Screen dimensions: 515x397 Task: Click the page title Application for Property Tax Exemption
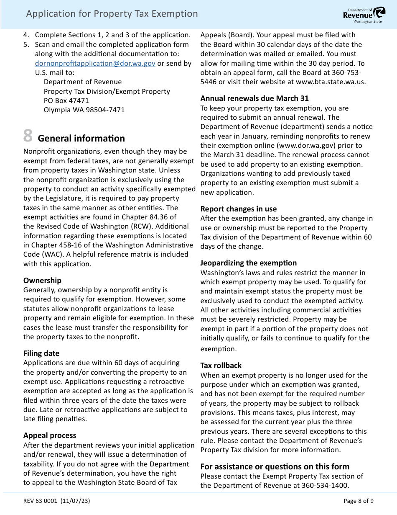(112, 14)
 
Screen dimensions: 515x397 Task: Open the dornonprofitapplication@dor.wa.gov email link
(95, 63)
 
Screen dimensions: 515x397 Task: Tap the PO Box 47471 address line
(66, 100)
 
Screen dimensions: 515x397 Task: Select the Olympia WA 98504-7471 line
(84, 110)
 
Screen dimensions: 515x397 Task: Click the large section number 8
(28, 136)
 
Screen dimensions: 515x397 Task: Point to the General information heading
(81, 138)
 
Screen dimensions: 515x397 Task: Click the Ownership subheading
(42, 280)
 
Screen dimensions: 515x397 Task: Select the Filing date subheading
(41, 353)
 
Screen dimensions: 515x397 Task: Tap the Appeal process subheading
(50, 435)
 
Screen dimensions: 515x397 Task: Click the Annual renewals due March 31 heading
(254, 98)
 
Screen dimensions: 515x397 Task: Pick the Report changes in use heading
(238, 209)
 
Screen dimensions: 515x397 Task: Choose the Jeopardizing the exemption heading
(248, 263)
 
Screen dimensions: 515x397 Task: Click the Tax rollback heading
(221, 365)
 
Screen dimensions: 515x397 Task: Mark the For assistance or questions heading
(275, 466)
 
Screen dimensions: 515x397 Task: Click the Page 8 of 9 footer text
(358, 501)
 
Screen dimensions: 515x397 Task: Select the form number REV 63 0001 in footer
(41, 501)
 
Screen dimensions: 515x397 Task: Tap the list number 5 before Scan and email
(26, 44)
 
